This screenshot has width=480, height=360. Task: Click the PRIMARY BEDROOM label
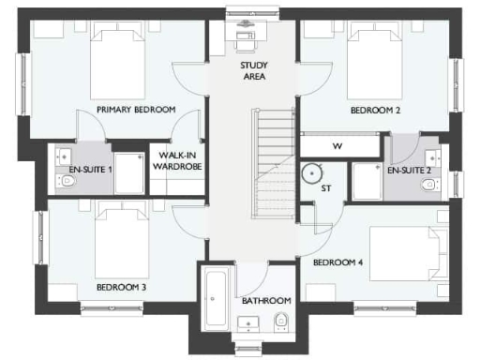click(135, 110)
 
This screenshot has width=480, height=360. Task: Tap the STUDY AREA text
click(253, 70)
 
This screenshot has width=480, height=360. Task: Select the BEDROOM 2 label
click(375, 110)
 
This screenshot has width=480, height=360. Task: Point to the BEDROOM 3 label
click(121, 286)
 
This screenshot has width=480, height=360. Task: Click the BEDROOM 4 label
click(337, 262)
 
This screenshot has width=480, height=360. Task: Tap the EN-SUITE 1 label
click(91, 171)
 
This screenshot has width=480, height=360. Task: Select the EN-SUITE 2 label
click(409, 171)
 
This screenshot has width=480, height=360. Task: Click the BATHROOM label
click(266, 301)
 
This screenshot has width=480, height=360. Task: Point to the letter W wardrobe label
click(337, 146)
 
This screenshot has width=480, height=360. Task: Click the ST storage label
click(326, 188)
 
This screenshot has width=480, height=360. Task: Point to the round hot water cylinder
click(312, 172)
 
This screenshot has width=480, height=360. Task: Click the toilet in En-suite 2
click(429, 185)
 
